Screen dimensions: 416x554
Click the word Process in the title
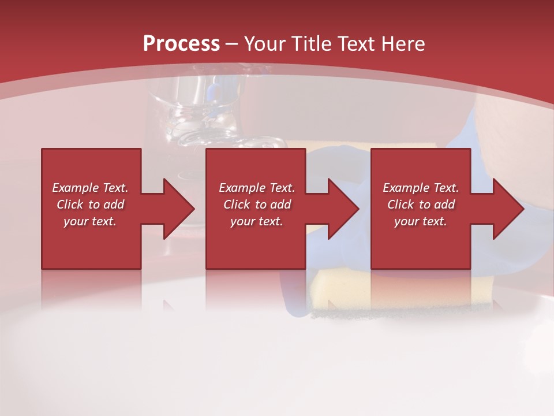(x=181, y=43)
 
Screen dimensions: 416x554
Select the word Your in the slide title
(x=263, y=43)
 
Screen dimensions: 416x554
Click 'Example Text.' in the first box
(x=90, y=188)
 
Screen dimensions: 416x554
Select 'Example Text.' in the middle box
(x=257, y=188)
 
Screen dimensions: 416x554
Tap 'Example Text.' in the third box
(x=421, y=188)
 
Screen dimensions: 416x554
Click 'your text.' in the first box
(x=90, y=221)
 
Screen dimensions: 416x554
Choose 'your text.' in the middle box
(x=257, y=221)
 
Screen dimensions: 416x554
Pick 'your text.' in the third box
(x=421, y=221)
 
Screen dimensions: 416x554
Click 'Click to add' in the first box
(x=90, y=205)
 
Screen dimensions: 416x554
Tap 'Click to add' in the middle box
(x=257, y=205)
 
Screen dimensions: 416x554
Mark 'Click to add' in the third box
(x=421, y=205)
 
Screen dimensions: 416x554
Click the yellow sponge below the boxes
(x=340, y=292)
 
